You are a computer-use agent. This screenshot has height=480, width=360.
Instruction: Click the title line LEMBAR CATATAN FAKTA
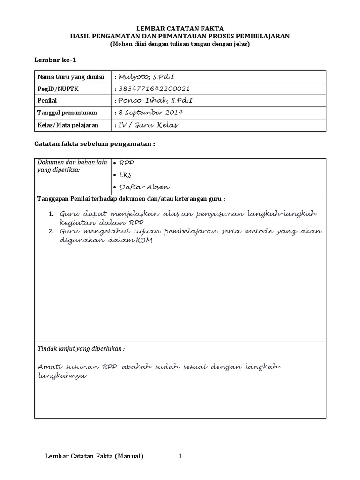click(180, 29)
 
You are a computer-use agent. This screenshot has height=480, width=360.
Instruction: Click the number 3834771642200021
click(155, 89)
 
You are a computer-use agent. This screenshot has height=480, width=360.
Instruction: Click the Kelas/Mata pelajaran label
click(67, 125)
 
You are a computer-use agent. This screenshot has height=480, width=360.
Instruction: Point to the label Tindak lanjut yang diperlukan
click(81, 349)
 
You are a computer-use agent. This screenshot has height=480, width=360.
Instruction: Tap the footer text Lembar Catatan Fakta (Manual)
click(94, 456)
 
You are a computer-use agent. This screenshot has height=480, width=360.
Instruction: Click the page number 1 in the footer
click(180, 456)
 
